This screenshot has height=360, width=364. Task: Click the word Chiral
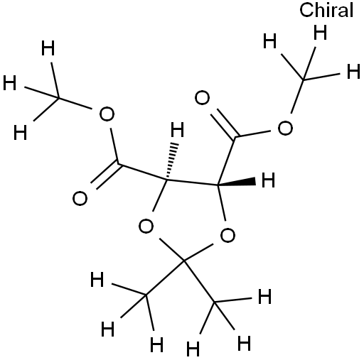coord(326,10)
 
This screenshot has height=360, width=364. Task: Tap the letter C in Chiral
coord(306,10)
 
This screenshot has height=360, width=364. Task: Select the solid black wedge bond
coord(236,182)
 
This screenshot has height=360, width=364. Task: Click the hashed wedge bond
coord(172,160)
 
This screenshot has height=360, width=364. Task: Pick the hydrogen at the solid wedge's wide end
coord(268,180)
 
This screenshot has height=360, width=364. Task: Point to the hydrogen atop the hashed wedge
coord(178,129)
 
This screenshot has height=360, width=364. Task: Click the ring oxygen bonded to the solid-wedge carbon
coord(227,235)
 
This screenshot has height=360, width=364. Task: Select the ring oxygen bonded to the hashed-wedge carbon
coord(146,226)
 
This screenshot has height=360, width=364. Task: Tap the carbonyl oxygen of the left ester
coord(80,198)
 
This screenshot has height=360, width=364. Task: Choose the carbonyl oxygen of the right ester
coord(202,98)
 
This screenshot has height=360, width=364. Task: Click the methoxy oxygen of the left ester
coord(107,114)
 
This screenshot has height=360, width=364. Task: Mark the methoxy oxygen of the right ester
coord(285,128)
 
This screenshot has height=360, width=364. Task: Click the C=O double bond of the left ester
coord(106,175)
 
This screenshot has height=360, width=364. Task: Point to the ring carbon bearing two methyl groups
coord(184,261)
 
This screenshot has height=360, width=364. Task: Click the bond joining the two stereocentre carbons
coord(192,182)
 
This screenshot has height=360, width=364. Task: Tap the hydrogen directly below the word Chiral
coord(320,33)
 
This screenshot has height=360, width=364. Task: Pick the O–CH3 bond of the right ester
coord(297,97)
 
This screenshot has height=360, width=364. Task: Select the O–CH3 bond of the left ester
coord(75,103)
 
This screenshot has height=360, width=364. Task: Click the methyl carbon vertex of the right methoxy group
coord(304,80)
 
